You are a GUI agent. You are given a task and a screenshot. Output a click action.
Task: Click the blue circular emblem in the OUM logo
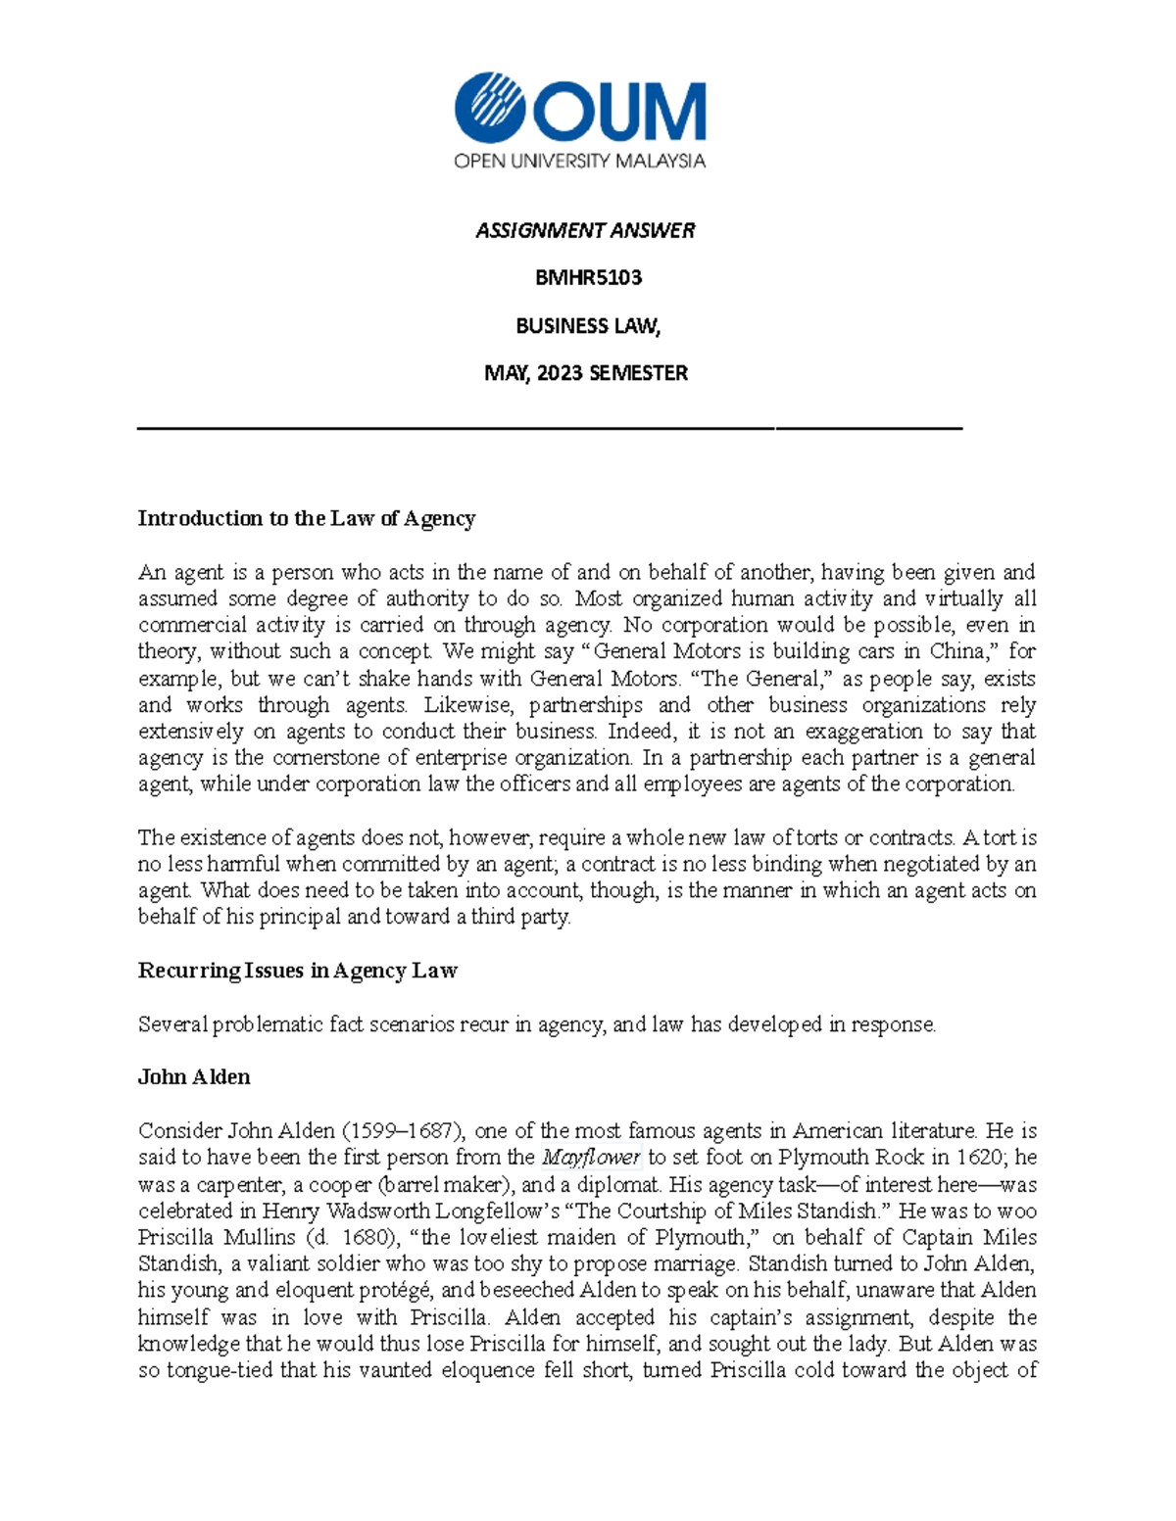(x=491, y=108)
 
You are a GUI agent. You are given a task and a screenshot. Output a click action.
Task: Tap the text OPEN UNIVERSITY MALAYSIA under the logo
(x=579, y=162)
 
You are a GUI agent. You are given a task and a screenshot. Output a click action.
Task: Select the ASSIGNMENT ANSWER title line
(x=585, y=230)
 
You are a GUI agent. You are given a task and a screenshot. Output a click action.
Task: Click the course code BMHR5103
(x=588, y=278)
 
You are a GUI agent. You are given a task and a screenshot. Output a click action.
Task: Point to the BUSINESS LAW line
(x=588, y=326)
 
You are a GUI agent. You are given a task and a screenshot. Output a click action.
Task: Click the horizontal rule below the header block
(x=550, y=428)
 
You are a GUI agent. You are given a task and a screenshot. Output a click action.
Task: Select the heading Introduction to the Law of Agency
(x=306, y=518)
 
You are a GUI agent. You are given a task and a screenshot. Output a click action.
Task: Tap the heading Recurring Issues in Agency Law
(x=297, y=971)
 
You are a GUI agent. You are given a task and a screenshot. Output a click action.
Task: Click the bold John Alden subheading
(x=194, y=1077)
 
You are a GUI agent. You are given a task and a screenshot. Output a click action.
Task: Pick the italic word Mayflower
(x=591, y=1158)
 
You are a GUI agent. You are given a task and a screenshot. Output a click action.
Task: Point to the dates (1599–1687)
(x=397, y=1131)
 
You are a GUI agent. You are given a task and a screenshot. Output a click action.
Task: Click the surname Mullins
(x=257, y=1237)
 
